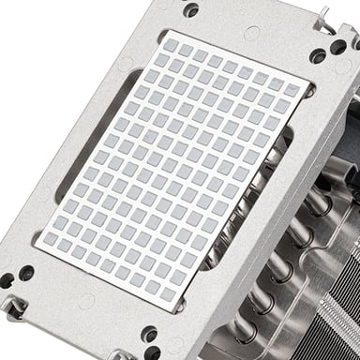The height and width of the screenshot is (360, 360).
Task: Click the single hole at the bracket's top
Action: click(191, 10)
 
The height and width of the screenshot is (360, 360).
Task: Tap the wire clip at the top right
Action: click(325, 17)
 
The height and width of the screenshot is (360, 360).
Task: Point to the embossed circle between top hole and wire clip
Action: click(251, 33)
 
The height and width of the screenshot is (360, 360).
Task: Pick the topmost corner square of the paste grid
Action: click(171, 43)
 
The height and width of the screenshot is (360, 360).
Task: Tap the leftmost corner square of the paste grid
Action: click(65, 244)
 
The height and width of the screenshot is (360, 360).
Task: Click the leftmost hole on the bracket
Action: click(7, 279)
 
